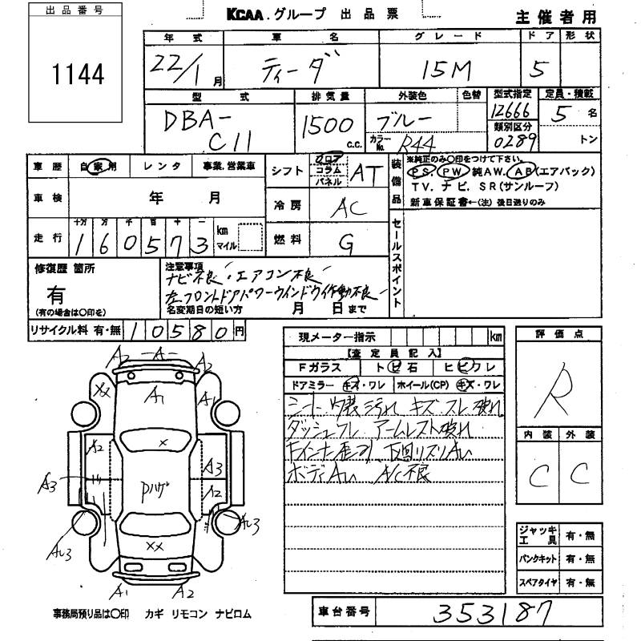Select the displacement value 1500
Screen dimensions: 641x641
(327, 126)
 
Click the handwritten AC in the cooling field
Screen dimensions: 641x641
(347, 207)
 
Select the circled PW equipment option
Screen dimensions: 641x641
(454, 172)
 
